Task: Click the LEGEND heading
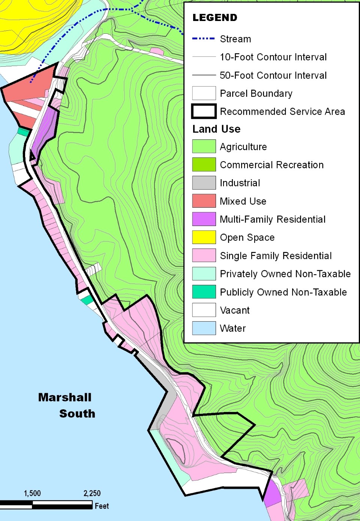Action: (x=215, y=18)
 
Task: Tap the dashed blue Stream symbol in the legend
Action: (x=204, y=39)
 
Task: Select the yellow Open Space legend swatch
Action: (x=204, y=237)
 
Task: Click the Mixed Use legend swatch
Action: (x=204, y=201)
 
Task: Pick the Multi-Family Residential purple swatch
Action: (x=204, y=219)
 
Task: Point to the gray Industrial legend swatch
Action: (x=204, y=183)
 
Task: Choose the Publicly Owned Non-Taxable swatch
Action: (x=204, y=292)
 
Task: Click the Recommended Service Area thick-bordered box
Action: (x=204, y=111)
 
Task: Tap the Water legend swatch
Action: (x=204, y=328)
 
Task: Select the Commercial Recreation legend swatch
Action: (x=204, y=165)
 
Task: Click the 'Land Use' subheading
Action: (x=216, y=129)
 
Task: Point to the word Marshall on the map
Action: (x=65, y=397)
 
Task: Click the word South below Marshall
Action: (x=77, y=413)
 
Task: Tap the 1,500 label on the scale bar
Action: (x=32, y=493)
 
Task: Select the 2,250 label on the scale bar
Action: (x=92, y=493)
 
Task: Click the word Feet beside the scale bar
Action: (x=102, y=506)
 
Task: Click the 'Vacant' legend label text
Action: (x=235, y=310)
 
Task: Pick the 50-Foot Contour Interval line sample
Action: (x=204, y=75)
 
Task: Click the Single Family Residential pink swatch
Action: (x=204, y=255)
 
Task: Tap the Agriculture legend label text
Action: (x=243, y=147)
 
